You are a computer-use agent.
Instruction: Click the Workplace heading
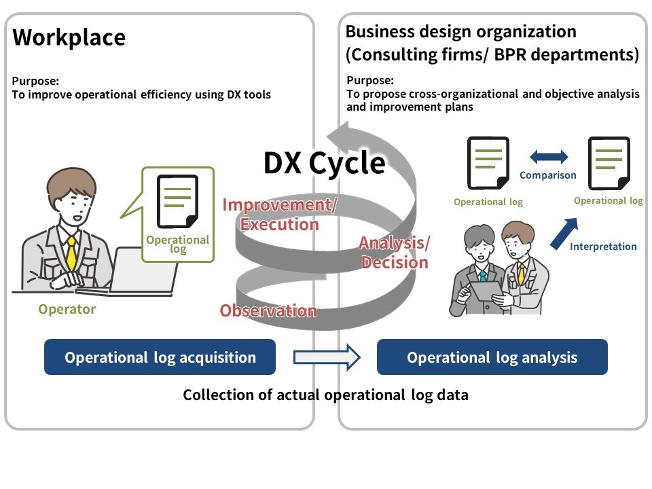[x=69, y=37]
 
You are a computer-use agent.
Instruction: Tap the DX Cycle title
[x=325, y=163]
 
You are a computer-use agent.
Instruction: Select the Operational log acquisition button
[x=160, y=357]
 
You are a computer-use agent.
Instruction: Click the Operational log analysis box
[x=492, y=357]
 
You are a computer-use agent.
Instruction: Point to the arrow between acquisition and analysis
[x=327, y=357]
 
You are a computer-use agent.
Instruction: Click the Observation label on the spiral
[x=268, y=311]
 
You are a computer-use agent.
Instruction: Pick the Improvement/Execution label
[x=279, y=215]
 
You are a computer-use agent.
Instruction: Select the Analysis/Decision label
[x=394, y=253]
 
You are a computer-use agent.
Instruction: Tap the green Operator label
[x=67, y=310]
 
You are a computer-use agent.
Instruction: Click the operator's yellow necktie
[x=71, y=251]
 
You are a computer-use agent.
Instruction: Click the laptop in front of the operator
[x=136, y=272]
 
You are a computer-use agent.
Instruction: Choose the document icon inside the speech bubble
[x=177, y=201]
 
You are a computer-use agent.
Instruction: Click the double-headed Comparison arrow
[x=549, y=158]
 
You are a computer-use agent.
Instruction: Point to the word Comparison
[x=547, y=175]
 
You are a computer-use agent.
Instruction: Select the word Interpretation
[x=603, y=247]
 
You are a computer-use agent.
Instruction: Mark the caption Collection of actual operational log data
[x=325, y=395]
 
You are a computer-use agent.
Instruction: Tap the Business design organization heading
[x=460, y=31]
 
